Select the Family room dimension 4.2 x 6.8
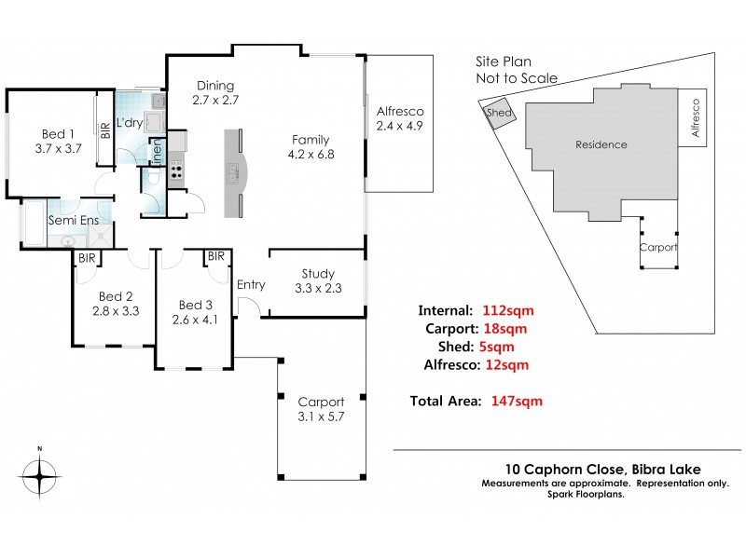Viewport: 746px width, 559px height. pos(311,155)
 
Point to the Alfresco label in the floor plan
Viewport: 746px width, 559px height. pos(399,106)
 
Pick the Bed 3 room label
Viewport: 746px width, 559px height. pos(197,305)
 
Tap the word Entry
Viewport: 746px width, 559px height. pos(252,285)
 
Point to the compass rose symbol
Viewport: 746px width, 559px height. pos(39,478)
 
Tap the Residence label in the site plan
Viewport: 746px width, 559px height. pos(601,144)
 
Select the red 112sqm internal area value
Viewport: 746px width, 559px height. pos(508,310)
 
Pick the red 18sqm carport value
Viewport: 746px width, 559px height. pos(504,329)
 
